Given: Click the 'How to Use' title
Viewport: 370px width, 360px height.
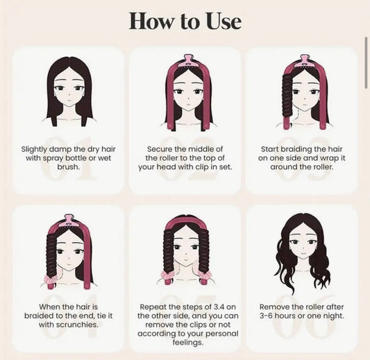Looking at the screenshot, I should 185,21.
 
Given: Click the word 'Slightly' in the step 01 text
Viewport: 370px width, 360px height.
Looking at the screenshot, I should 37,148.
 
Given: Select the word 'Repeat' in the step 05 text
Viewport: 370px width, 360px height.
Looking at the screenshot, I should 153,306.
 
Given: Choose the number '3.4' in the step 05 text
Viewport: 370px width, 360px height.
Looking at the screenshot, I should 213,306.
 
